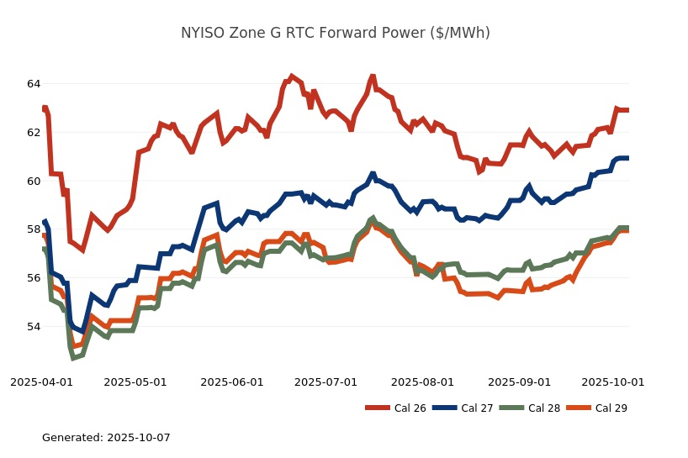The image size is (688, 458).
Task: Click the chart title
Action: [x=336, y=34]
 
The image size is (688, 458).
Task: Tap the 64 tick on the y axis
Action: [x=34, y=84]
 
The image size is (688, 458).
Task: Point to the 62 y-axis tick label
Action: [x=34, y=133]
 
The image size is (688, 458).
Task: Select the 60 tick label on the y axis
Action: [x=34, y=182]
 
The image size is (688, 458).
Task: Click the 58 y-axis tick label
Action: [x=34, y=229]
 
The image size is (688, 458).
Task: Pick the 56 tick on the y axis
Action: [x=34, y=278]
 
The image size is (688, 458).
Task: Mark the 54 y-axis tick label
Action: [x=34, y=327]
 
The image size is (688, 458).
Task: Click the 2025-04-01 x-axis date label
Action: [x=41, y=382]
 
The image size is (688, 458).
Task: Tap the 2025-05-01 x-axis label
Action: [x=135, y=382]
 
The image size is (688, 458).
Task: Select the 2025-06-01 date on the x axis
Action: [x=232, y=382]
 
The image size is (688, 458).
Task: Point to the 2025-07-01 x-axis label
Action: [x=325, y=382]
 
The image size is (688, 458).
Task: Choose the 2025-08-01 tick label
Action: [x=423, y=382]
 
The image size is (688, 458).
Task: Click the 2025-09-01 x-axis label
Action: [x=520, y=382]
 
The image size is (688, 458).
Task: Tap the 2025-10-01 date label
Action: [x=613, y=382]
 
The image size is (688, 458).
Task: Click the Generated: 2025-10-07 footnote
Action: [x=106, y=438]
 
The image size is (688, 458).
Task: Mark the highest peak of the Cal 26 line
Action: [x=373, y=76]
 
